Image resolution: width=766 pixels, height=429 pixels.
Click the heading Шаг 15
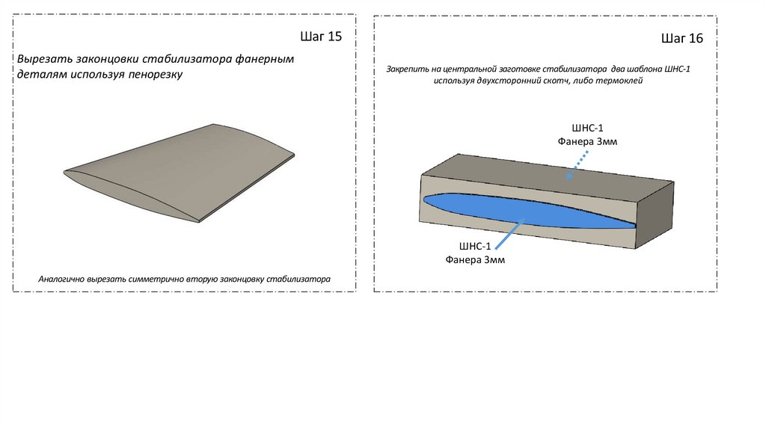coord(321,36)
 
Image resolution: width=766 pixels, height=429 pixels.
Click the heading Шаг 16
coord(682,38)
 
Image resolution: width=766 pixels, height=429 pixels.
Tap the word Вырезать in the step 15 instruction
coord(44,58)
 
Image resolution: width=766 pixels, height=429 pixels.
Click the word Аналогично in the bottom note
coord(62,280)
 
